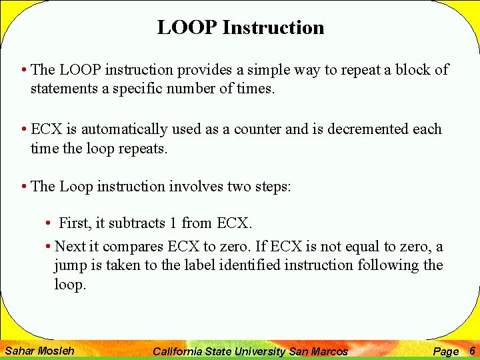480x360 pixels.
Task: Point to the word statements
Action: click(63, 89)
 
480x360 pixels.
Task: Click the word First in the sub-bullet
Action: click(73, 223)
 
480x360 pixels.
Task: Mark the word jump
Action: click(71, 266)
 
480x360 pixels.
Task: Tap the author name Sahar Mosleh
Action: click(39, 351)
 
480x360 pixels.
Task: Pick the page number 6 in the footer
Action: click(472, 351)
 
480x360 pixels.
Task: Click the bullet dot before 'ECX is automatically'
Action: click(23, 129)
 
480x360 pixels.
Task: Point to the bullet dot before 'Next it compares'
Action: click(49, 247)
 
